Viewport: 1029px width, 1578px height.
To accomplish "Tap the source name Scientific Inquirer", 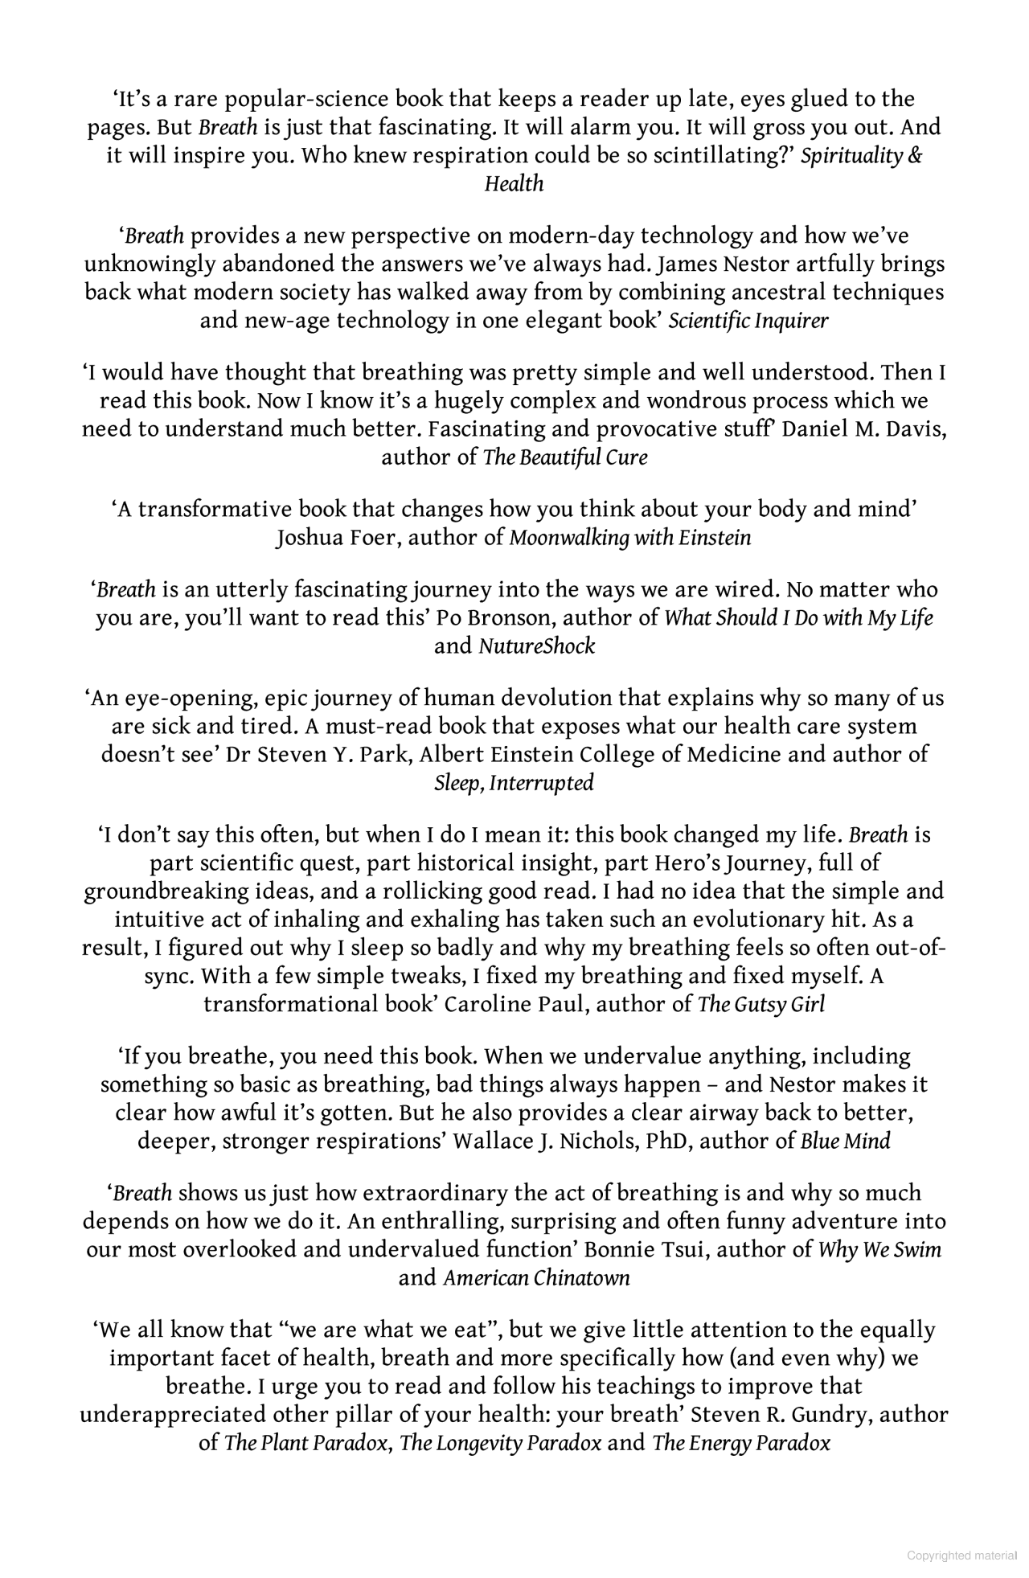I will point(748,321).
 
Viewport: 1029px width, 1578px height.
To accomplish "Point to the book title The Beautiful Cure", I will point(564,457).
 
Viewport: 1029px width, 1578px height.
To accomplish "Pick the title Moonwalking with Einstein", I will point(629,538).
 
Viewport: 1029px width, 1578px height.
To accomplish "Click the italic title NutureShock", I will point(536,646).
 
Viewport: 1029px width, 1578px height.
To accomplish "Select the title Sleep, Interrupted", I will point(514,783).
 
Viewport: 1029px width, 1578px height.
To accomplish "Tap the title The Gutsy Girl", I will point(760,1004).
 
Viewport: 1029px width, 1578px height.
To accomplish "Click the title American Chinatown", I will point(536,1277).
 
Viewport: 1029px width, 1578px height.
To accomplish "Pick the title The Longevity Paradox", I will point(500,1442).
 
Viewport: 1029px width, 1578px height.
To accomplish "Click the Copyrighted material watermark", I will point(961,1555).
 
